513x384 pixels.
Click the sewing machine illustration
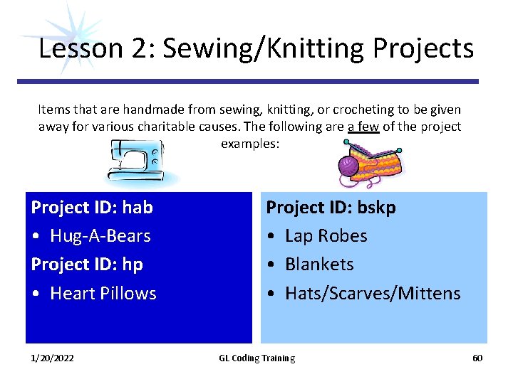point(135,160)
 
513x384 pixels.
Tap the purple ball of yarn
point(349,166)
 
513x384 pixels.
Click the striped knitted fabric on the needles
point(378,166)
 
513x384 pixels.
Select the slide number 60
point(477,358)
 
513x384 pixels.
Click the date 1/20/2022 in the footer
point(51,358)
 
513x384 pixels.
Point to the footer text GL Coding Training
point(256,358)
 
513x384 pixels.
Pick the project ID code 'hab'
point(138,208)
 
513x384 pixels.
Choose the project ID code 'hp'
point(133,265)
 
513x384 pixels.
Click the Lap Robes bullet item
point(326,236)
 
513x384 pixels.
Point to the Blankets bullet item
point(319,265)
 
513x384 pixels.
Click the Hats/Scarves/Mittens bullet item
point(373,294)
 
